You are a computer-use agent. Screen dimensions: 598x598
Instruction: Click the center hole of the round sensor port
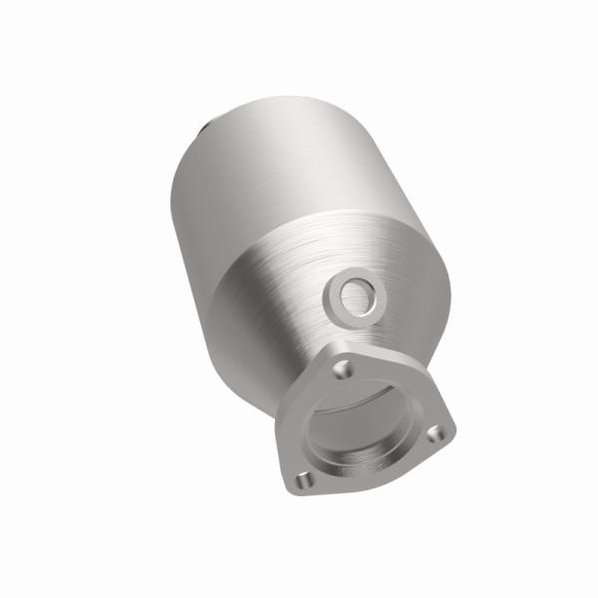pyautogui.click(x=353, y=294)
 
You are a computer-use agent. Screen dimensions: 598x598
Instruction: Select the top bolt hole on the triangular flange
pyautogui.click(x=342, y=370)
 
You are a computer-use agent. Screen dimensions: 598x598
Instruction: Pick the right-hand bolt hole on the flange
pyautogui.click(x=434, y=435)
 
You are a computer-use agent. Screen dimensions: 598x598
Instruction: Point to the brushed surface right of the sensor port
pyautogui.click(x=409, y=299)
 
